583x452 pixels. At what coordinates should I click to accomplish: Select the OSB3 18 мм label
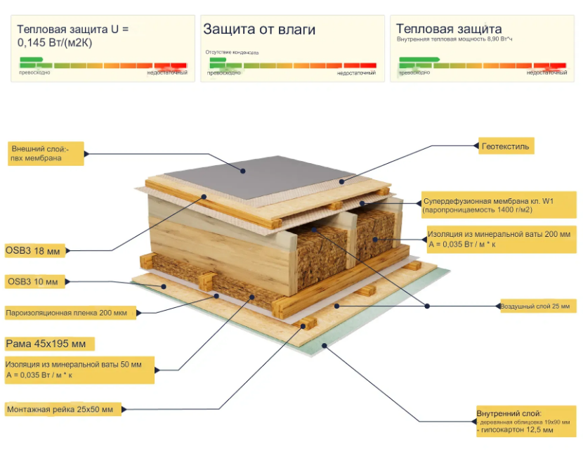34,250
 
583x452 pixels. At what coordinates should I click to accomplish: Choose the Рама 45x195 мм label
46,344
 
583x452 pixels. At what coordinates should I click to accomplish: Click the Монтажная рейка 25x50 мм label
60,409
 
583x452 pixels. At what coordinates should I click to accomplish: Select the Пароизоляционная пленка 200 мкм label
67,313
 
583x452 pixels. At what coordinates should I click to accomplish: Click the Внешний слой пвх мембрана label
46,153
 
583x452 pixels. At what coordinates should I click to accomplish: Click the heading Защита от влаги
259,30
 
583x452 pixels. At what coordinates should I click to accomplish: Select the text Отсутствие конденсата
232,53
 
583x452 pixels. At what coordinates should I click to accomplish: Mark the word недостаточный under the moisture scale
357,73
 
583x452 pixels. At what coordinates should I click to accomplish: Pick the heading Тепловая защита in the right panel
449,29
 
